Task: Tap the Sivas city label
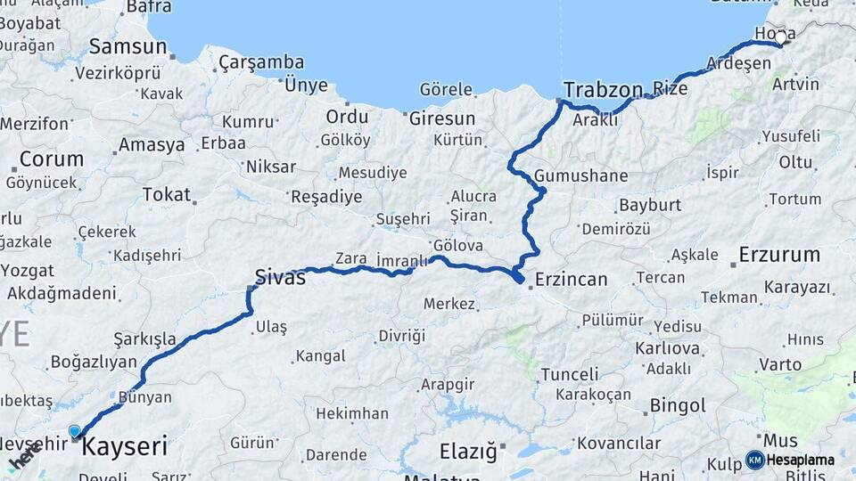(x=280, y=277)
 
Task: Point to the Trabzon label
(x=603, y=89)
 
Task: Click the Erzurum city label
(x=779, y=255)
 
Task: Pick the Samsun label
(x=128, y=46)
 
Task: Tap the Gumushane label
(x=581, y=175)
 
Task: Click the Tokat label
(x=166, y=194)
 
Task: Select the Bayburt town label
(x=650, y=205)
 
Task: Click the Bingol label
(x=678, y=406)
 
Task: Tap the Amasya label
(x=152, y=144)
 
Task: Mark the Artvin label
(x=795, y=85)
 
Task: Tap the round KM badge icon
(x=754, y=461)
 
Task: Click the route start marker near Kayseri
(x=75, y=431)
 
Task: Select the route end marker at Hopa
(x=781, y=37)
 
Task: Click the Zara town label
(x=350, y=258)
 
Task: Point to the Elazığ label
(x=467, y=452)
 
